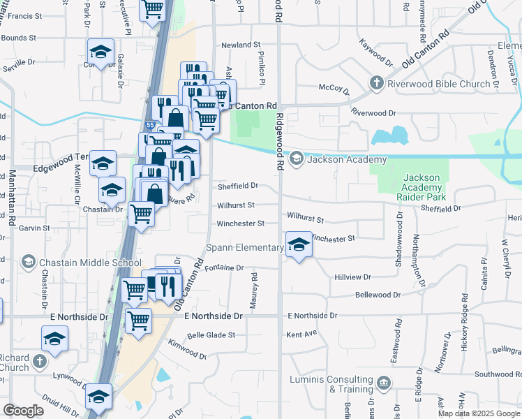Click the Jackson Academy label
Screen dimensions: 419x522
tap(337, 159)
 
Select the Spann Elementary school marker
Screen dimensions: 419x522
tap(299, 244)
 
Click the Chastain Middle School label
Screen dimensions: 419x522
tap(82, 263)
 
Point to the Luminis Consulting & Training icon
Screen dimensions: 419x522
tap(383, 381)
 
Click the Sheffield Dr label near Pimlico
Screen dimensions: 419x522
tap(238, 186)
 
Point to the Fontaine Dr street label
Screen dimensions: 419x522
tap(225, 267)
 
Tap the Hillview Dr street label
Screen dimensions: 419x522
tap(352, 277)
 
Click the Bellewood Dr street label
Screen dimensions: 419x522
tap(378, 295)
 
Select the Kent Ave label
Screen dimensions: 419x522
tap(301, 335)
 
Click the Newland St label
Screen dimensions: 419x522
tap(241, 45)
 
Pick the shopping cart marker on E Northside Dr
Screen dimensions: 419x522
tap(138, 321)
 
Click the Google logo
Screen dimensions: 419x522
tap(24, 410)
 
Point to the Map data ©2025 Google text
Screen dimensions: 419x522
tap(478, 413)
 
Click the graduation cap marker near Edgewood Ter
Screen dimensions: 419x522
tap(103, 165)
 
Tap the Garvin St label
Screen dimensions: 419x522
tap(34, 228)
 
